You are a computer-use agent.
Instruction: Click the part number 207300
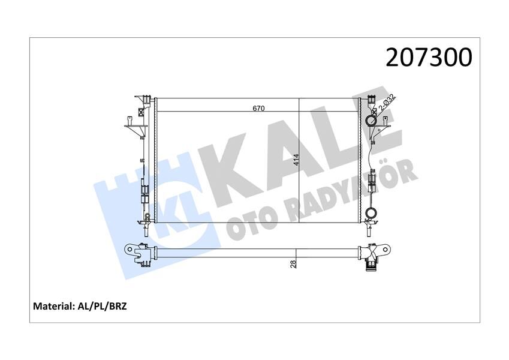pos(429,58)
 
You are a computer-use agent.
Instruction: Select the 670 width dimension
pos(258,109)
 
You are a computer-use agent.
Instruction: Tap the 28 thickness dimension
pos(293,264)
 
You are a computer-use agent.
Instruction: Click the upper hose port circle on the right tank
pos(371,122)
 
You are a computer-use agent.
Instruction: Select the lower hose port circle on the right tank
pos(372,212)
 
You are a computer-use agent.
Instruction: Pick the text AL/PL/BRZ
pos(103,306)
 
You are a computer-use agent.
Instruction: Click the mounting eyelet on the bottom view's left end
pos(128,248)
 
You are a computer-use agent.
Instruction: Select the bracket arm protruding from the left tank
pos(133,126)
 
